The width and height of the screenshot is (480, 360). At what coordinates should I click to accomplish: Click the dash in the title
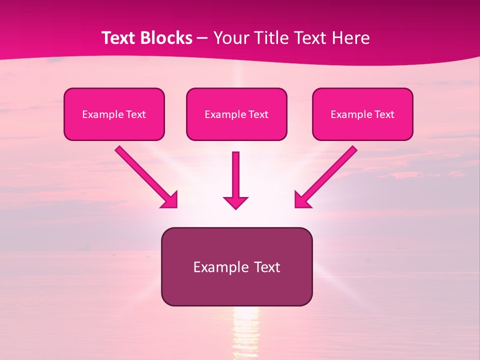(x=202, y=38)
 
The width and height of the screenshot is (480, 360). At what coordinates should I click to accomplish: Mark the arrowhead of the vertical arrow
(x=236, y=202)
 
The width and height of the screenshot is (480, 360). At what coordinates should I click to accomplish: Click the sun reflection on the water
(x=245, y=332)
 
